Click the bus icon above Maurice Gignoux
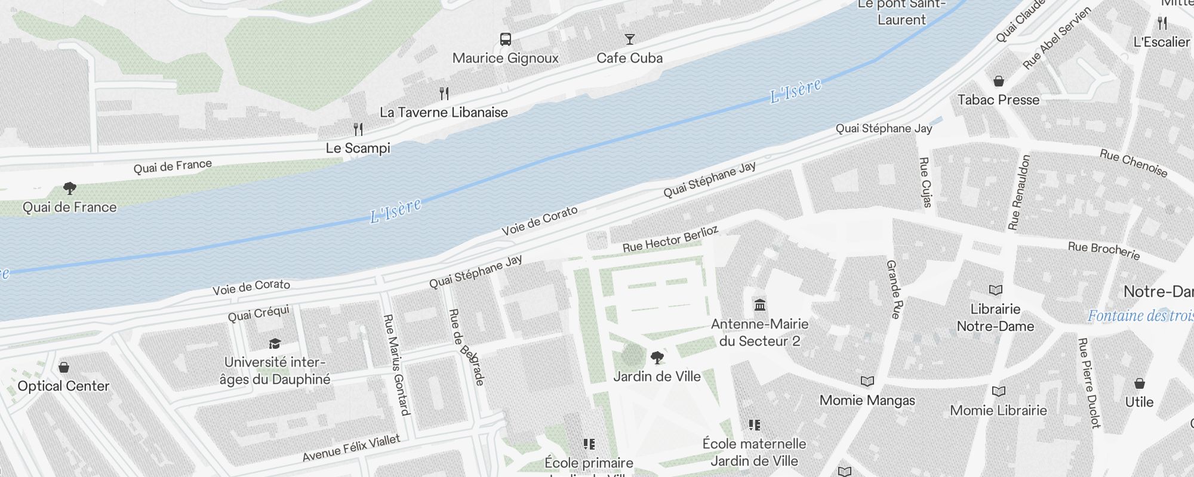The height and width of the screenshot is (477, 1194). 506,39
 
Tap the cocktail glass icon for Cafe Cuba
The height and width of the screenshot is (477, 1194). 629,39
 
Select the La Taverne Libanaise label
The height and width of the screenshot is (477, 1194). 444,112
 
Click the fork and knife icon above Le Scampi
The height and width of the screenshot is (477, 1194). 358,129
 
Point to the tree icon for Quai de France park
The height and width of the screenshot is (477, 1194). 70,188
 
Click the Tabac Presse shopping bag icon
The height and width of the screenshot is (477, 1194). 998,81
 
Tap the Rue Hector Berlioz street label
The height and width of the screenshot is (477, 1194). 670,239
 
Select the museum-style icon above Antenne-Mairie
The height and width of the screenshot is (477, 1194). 760,305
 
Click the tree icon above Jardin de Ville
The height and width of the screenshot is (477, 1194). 657,358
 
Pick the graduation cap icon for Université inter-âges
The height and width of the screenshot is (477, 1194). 275,343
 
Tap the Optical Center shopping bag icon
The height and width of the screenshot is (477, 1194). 64,367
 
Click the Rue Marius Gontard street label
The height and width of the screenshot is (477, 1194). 396,364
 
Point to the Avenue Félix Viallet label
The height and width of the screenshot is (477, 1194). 351,448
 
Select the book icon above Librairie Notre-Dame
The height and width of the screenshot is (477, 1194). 995,290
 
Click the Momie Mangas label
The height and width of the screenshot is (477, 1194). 867,400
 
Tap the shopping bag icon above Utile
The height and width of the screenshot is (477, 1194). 1139,383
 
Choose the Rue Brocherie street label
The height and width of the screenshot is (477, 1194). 1103,250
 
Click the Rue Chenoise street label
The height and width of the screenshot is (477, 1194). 1133,163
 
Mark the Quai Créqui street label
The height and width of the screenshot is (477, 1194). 259,313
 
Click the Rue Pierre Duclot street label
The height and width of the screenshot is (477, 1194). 1088,383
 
